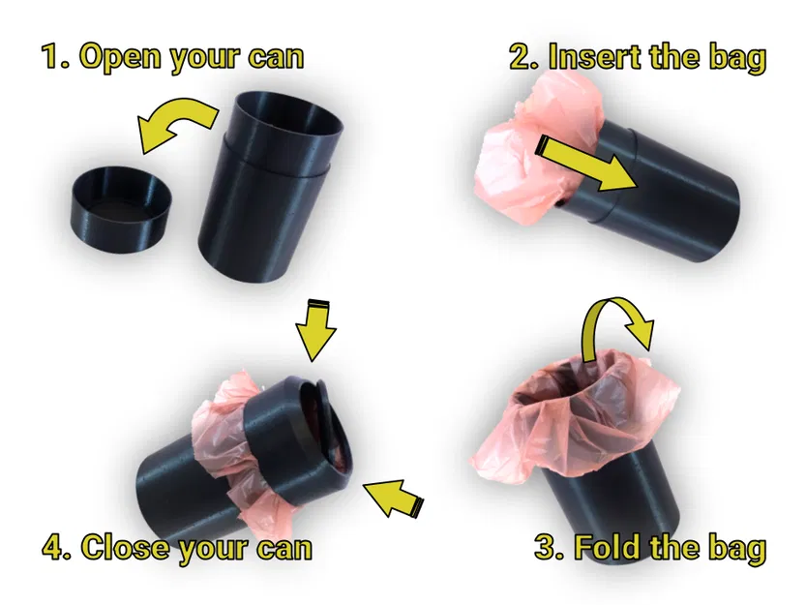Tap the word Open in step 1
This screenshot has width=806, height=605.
point(118,57)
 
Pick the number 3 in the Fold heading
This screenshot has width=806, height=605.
point(548,548)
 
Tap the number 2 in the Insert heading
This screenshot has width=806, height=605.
point(522,57)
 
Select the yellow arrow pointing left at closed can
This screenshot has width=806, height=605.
point(392,495)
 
